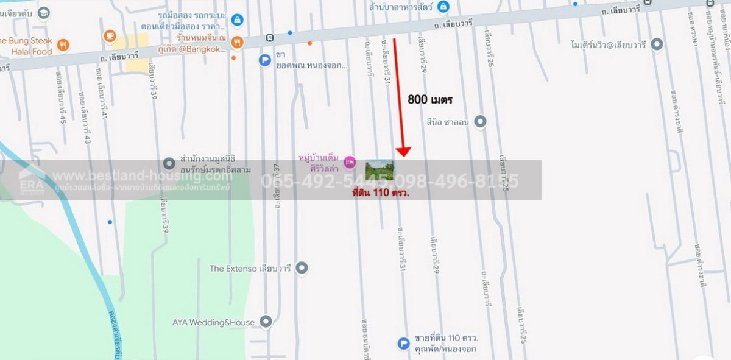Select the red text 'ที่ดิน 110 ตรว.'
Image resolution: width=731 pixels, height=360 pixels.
coord(381,192)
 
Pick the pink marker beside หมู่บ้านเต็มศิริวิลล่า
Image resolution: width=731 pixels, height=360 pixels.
coord(349,162)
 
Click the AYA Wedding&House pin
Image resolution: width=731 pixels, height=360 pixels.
coord(265,321)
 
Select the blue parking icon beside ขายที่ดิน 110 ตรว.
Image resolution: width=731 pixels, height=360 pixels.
coord(403,344)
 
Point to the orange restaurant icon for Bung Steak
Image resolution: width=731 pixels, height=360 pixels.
coord(64,44)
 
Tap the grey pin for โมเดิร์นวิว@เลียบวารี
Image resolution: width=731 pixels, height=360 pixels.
coord(657,44)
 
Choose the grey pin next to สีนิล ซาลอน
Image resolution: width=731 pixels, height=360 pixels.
coord(480,122)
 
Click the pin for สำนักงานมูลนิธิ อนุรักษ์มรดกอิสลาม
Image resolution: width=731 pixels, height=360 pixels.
coord(169,163)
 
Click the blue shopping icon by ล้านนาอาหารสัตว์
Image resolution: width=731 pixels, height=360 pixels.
coord(443,7)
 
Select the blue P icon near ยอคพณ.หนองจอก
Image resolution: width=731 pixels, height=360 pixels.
coord(264,60)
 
